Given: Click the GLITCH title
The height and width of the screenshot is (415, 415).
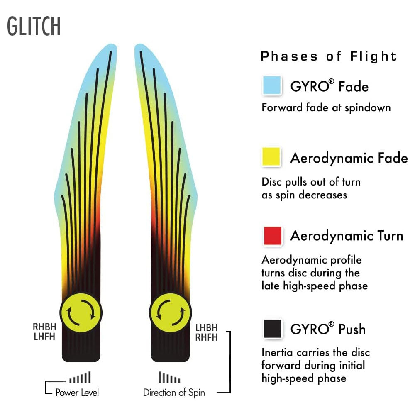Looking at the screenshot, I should click(34, 26).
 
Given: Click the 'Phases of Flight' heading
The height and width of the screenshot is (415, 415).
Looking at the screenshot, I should click(329, 56).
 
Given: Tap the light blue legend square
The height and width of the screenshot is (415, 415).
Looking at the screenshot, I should click(272, 86).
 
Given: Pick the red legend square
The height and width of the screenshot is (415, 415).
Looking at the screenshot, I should click(272, 236).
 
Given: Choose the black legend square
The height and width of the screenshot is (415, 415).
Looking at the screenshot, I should click(272, 329).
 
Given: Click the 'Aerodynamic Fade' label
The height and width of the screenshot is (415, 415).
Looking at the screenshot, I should click(349, 158).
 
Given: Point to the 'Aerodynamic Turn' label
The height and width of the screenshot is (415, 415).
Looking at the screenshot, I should click(347, 236).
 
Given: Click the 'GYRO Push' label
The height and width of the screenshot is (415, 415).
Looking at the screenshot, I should click(328, 329).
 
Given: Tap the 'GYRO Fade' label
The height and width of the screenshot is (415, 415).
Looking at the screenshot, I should click(329, 86).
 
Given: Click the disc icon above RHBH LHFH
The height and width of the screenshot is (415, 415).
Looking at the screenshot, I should click(81, 312).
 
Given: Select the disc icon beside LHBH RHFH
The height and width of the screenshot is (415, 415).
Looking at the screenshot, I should click(170, 312).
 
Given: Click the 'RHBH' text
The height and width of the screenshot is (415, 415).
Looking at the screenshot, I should click(44, 327).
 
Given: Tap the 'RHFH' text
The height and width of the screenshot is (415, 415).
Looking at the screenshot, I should click(206, 337).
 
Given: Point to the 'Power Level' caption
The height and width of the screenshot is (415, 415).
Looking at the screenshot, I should click(77, 392).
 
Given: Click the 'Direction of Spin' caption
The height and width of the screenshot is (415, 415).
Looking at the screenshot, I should click(174, 392).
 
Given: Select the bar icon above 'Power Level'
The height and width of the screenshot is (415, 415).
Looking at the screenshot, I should click(80, 378).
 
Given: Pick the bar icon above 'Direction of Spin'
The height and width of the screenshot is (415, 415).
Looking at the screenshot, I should click(170, 378).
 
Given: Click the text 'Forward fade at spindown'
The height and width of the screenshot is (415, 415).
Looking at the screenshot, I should click(326, 108).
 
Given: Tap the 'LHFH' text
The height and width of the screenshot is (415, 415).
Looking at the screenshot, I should click(44, 337).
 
